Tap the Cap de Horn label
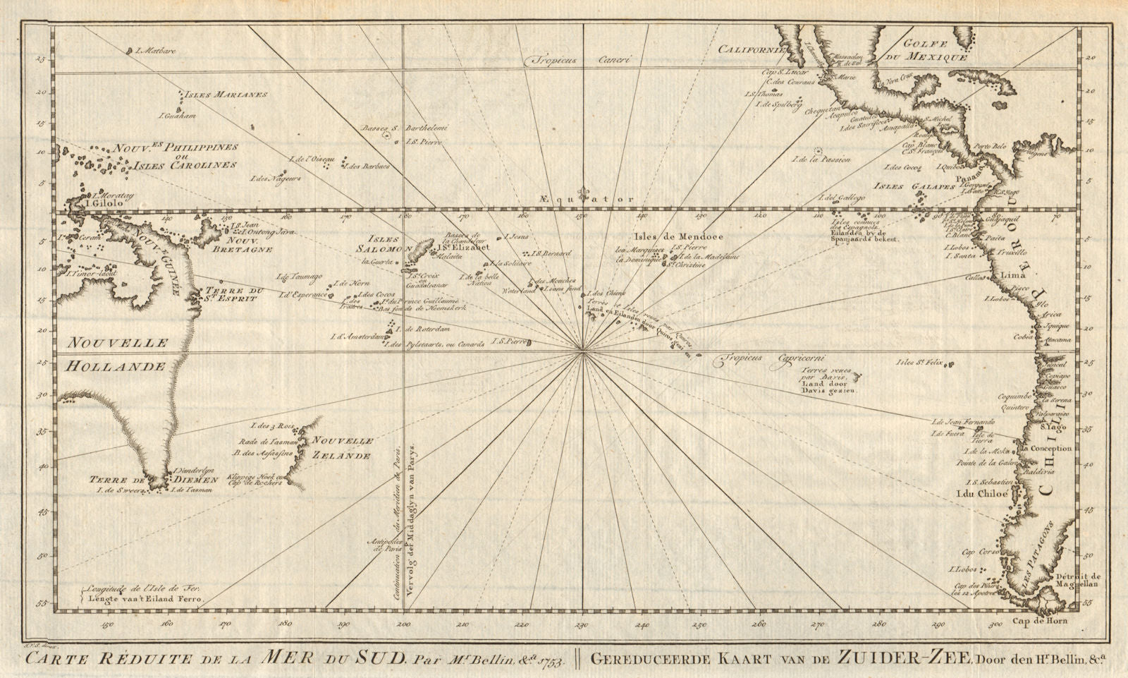1039,622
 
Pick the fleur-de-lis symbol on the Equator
582,194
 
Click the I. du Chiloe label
980,495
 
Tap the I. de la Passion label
821,160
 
